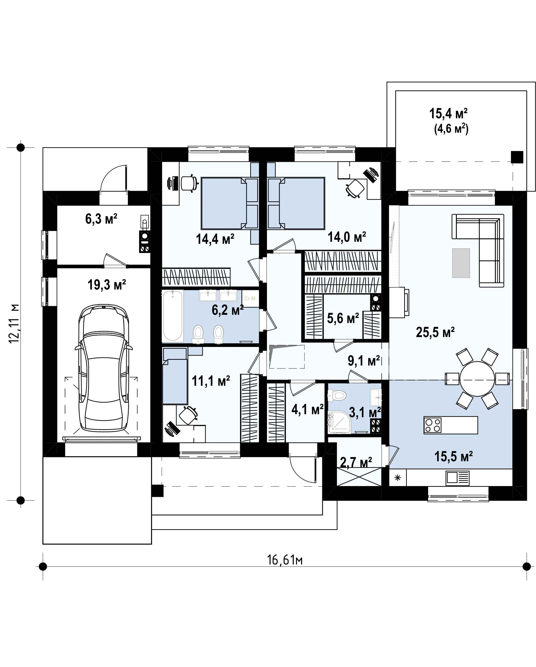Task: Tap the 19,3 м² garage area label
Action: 107,285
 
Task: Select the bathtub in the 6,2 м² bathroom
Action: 173,315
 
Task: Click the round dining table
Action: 477,378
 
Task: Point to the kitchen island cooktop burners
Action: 433,425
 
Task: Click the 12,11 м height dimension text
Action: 14,323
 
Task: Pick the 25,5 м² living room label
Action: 435,332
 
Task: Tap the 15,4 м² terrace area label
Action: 448,113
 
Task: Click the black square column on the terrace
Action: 517,157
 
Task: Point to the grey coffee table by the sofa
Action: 461,263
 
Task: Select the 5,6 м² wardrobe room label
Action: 343,318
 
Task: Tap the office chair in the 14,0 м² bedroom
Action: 355,188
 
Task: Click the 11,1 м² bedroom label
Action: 211,381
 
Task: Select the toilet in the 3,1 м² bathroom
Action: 337,395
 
